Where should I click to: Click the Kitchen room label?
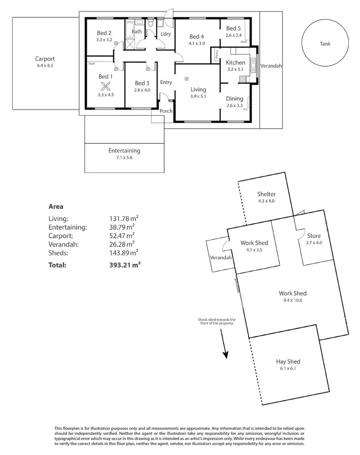(235, 62)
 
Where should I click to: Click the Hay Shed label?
(288, 362)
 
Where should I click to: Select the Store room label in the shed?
(313, 236)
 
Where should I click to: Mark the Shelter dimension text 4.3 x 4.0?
(266, 201)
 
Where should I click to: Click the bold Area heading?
(56, 206)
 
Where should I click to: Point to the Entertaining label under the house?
(124, 150)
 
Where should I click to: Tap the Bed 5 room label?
(234, 28)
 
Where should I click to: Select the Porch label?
(166, 111)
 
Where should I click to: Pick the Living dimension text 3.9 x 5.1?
(198, 96)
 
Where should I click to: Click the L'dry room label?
(166, 34)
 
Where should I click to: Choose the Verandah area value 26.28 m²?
(122, 244)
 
